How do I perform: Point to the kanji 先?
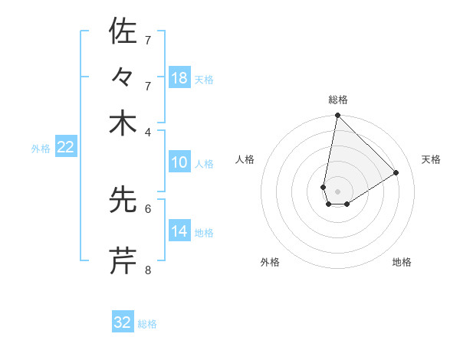pos(123,200)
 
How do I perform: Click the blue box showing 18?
pos(179,77)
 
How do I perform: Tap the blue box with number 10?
pos(179,162)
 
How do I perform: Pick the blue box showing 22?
pos(65,147)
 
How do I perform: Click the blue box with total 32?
pos(123,322)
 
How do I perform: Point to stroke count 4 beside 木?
pos(148,132)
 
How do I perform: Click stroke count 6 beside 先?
pos(148,208)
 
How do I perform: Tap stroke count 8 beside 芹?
pos(148,270)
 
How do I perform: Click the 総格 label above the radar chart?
pos(338,100)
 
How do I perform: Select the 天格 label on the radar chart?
pos(431,159)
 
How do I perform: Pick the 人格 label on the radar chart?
pos(245,159)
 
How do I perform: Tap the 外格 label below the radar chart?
pos(270,262)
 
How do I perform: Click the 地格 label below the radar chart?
pos(402,262)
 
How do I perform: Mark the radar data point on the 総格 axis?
pos(337,116)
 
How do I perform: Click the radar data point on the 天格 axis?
pos(396,172)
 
